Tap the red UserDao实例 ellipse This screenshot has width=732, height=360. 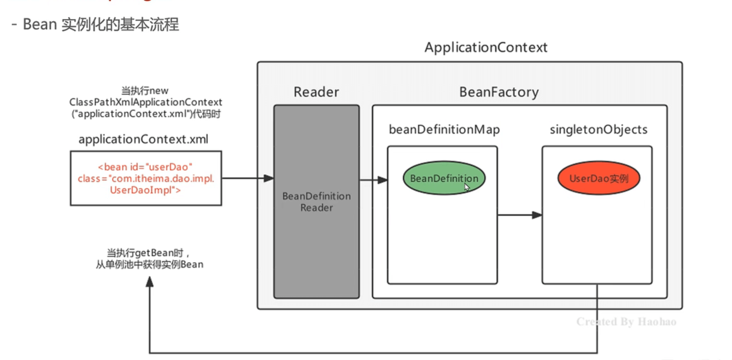pyautogui.click(x=598, y=178)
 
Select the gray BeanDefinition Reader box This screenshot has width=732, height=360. pyautogui.click(x=317, y=202)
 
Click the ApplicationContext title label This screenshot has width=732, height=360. pyautogui.click(x=486, y=48)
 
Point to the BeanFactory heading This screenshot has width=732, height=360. pyautogui.click(x=499, y=92)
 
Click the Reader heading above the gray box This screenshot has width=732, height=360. pyautogui.click(x=316, y=92)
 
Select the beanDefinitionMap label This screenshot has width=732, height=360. pyautogui.click(x=444, y=130)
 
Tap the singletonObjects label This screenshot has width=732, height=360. pyautogui.click(x=598, y=130)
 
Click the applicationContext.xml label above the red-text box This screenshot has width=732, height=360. pyautogui.click(x=143, y=139)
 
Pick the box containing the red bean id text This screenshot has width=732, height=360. pyautogui.click(x=146, y=178)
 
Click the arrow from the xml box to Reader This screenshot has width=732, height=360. pyautogui.click(x=247, y=178)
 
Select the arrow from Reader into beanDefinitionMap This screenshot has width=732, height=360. pyautogui.click(x=373, y=180)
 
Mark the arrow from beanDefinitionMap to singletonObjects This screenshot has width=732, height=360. pyautogui.click(x=519, y=215)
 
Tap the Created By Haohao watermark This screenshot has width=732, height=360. pyautogui.click(x=626, y=322)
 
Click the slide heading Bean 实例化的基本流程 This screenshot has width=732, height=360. pyautogui.click(x=101, y=24)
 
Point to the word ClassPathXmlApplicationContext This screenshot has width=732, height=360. pyautogui.click(x=146, y=102)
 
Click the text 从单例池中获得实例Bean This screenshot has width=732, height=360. pyautogui.click(x=149, y=265)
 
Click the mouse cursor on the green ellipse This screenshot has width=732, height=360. pyautogui.click(x=467, y=187)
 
